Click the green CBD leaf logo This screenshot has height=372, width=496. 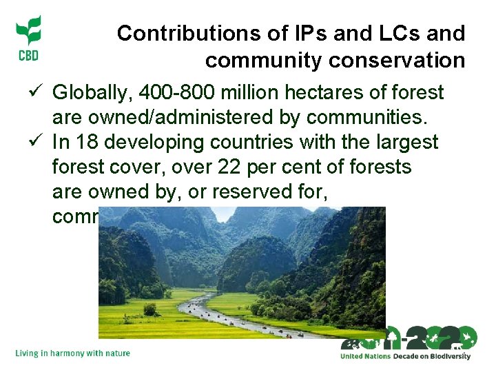pyautogui.click(x=28, y=31)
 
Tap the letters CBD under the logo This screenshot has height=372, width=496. pyautogui.click(x=28, y=55)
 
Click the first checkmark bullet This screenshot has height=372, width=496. pyautogui.click(x=38, y=92)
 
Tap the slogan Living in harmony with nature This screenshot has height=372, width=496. pyautogui.click(x=72, y=353)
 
